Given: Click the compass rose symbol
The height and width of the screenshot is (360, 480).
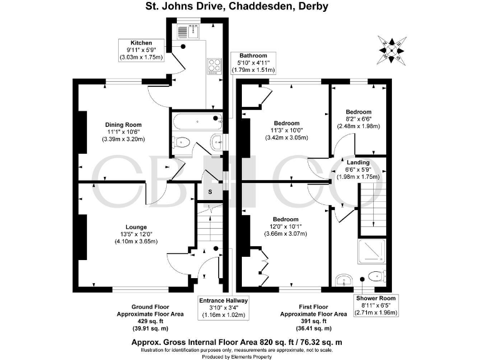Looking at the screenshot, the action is [x=391, y=50].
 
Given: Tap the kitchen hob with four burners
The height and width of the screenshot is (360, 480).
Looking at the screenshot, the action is [x=214, y=66].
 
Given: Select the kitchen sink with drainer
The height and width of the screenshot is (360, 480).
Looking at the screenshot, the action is [x=188, y=31].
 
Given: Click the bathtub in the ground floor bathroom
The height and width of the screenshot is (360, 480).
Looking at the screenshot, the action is [x=197, y=121].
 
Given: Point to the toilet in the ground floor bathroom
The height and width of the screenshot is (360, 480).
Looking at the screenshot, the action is [x=181, y=142].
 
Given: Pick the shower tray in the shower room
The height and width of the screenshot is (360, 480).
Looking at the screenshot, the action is [x=372, y=251].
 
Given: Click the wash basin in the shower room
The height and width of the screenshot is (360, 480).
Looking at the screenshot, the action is [x=344, y=280].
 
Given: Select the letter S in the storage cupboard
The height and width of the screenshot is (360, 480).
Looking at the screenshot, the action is [x=210, y=192].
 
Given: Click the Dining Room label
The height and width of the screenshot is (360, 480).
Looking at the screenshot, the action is [x=123, y=124].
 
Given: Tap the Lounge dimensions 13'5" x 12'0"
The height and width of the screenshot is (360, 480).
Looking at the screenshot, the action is [x=136, y=234].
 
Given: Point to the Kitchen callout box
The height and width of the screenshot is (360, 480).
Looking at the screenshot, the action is [x=141, y=50].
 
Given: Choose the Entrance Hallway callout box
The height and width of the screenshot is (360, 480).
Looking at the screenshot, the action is [x=224, y=308].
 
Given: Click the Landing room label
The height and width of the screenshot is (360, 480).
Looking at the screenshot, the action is [x=358, y=162].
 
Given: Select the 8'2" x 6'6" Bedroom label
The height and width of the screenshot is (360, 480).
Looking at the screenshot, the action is [x=359, y=119].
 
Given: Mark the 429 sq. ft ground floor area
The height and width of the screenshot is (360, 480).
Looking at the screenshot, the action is [x=150, y=321].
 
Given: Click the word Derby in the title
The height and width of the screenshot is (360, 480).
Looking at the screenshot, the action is [x=315, y=6].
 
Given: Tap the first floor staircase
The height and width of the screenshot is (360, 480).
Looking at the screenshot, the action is [x=372, y=210].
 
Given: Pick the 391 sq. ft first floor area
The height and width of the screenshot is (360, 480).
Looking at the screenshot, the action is [x=314, y=321].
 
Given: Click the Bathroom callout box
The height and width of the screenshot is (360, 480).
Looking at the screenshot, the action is [x=254, y=62].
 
